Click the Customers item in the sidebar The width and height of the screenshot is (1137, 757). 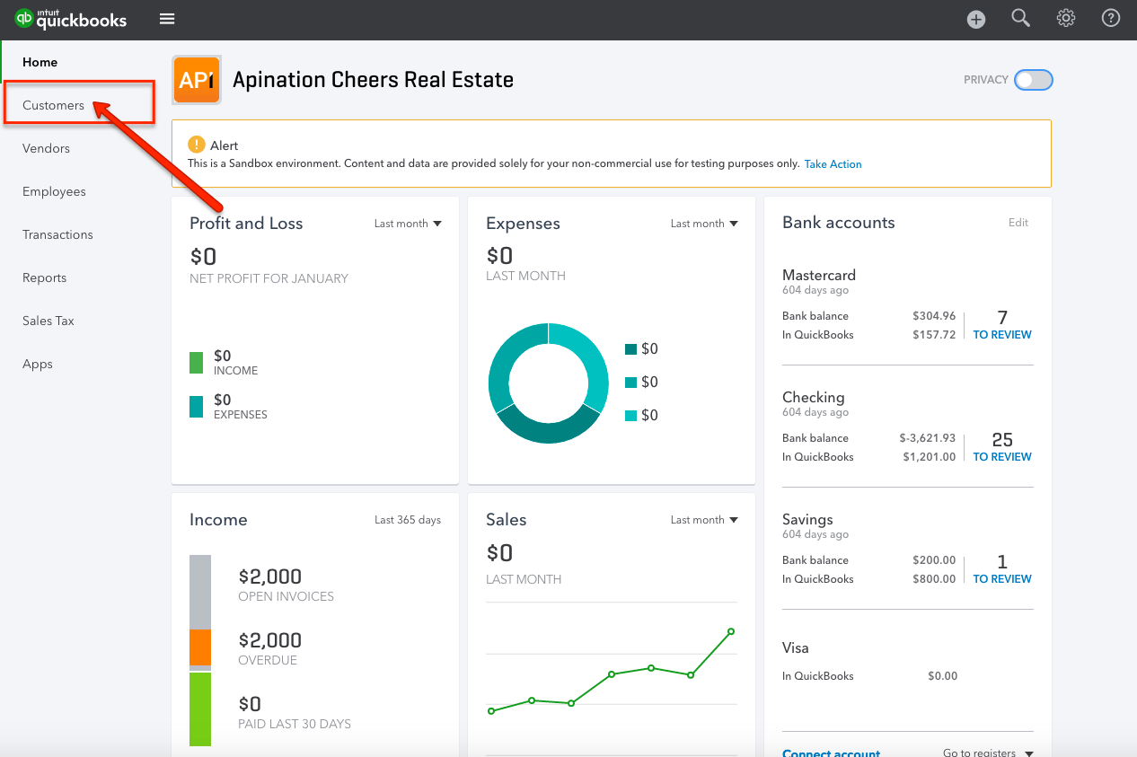54,105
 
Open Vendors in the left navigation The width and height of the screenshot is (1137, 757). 46,148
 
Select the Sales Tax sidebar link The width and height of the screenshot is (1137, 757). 48,321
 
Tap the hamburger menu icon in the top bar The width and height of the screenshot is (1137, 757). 167,19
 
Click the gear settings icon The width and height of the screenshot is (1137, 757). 1066,19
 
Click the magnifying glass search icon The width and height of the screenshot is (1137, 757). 1021,19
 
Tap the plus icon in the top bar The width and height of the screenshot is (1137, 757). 976,20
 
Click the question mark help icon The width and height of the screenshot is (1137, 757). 1111,19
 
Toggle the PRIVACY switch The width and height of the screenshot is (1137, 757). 1033,80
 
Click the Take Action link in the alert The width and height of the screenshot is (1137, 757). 833,164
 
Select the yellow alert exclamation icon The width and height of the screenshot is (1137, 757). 196,145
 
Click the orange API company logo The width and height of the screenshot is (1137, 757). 196,80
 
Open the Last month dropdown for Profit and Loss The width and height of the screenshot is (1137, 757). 408,224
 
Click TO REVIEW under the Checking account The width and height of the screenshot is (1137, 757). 1002,457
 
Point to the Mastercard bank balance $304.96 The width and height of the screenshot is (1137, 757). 934,316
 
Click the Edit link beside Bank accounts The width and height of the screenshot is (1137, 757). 1018,223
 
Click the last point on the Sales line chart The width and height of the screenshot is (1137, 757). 731,631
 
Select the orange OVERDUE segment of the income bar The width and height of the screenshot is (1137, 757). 200,647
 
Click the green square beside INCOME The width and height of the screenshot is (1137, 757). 197,363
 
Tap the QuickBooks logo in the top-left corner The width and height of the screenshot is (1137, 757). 71,19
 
